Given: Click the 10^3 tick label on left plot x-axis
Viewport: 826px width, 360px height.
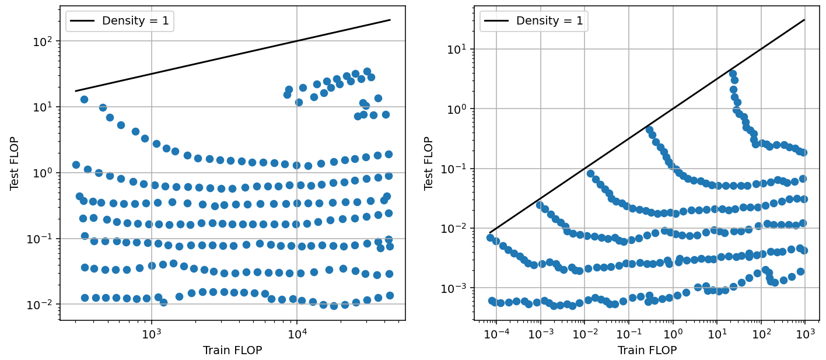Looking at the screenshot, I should [151, 333].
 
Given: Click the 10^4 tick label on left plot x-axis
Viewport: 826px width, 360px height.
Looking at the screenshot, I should [297, 333].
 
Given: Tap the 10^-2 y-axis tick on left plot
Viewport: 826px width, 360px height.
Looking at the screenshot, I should [44, 305].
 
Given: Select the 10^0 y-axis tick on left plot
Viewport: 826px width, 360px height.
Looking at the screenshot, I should [46, 173].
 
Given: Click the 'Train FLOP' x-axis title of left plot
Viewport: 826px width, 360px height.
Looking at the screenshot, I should [232, 350].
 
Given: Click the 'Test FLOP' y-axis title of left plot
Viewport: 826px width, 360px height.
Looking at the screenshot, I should [14, 163].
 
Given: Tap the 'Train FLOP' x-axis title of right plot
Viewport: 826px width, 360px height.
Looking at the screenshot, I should [647, 350].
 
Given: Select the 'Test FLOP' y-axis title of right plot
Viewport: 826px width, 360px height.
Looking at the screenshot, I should [429, 163].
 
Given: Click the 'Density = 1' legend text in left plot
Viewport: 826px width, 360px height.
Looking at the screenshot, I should [135, 21].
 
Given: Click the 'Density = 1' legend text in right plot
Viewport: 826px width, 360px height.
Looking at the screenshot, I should [549, 21].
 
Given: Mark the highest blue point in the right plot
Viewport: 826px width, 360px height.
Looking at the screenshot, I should [733, 74].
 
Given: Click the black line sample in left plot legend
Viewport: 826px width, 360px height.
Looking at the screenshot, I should [82, 21].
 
